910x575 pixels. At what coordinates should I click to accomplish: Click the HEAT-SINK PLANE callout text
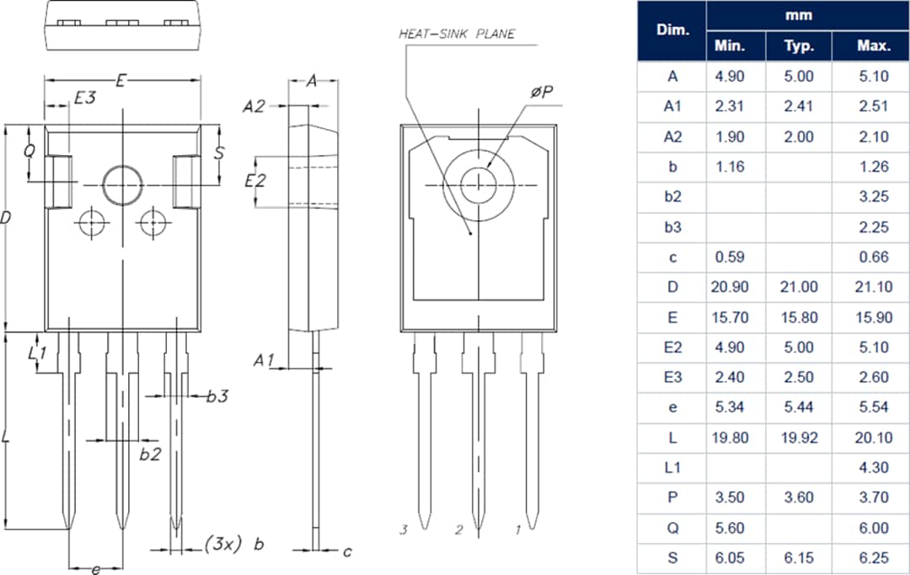456,35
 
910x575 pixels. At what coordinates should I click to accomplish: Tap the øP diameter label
542,92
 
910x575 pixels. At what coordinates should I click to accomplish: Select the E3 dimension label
84,98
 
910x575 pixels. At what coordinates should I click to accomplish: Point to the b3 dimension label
217,396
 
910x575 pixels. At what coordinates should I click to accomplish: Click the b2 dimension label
150,454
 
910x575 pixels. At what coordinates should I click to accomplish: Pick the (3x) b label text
234,544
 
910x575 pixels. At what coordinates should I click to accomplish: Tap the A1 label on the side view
265,360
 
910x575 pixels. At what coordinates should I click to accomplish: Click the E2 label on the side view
255,180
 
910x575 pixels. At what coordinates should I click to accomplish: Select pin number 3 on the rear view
404,529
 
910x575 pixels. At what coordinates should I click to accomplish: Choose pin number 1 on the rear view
517,529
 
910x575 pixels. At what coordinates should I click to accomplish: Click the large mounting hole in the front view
123,184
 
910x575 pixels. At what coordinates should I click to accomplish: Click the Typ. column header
798,46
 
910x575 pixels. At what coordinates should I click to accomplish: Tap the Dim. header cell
672,30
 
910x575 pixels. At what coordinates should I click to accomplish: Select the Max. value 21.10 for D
872,287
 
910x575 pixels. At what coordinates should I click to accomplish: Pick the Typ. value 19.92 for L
798,437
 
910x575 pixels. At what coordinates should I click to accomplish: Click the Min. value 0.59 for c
729,256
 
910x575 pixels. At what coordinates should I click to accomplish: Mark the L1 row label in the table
672,467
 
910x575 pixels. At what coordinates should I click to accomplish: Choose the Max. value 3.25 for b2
872,196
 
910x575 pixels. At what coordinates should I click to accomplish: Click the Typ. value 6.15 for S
798,557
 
